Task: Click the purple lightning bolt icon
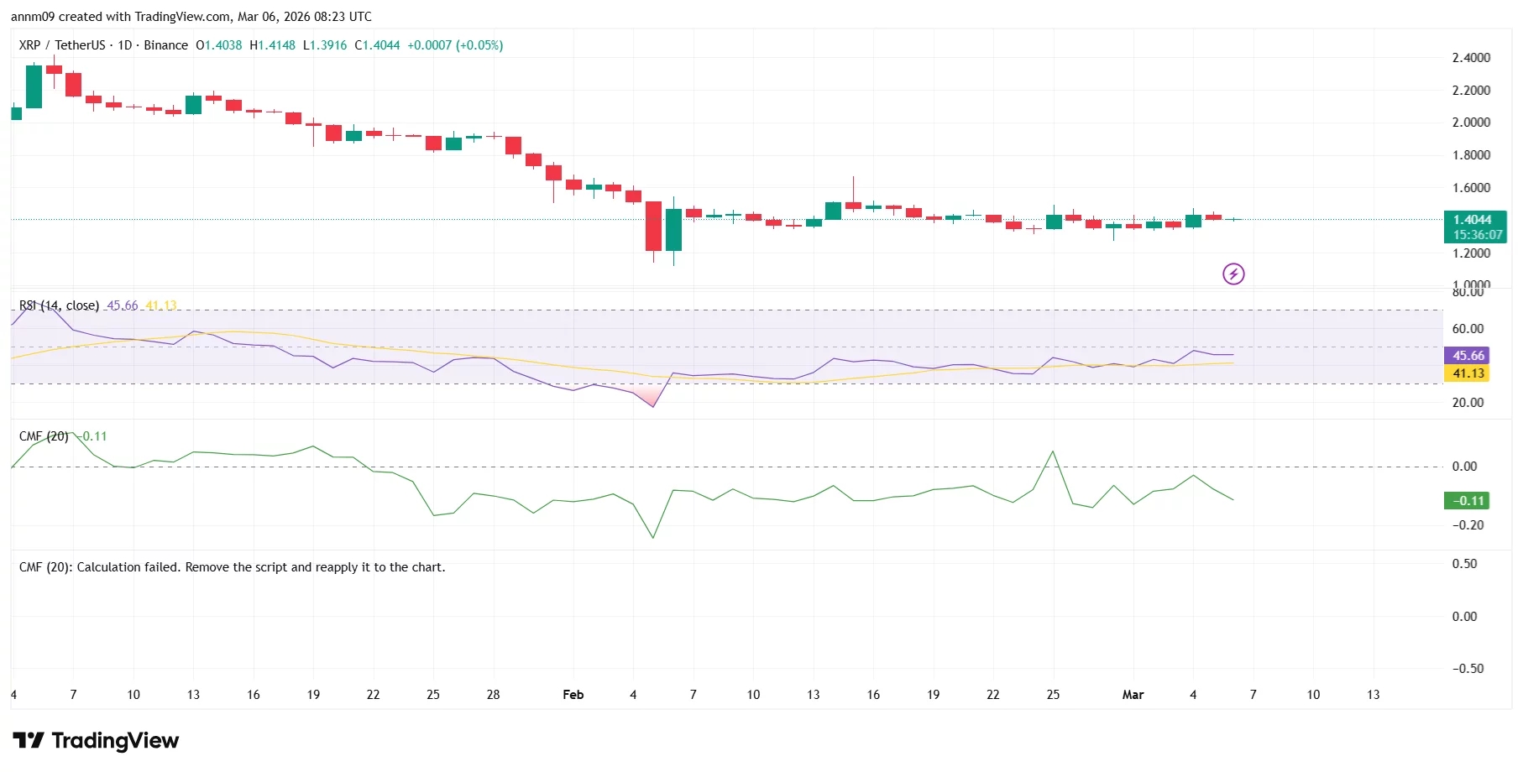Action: tap(1233, 274)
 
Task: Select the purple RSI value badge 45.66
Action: tap(1467, 356)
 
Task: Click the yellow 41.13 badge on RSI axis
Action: tap(1467, 373)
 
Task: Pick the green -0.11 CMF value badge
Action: tap(1467, 501)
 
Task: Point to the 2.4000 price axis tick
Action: tap(1471, 58)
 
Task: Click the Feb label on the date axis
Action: tap(573, 695)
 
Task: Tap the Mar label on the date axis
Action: tap(1133, 695)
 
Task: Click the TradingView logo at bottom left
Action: tap(96, 740)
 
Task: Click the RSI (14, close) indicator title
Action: tap(59, 305)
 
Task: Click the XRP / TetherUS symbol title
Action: tap(62, 45)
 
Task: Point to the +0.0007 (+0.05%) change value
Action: tap(455, 45)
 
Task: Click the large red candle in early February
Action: tap(653, 226)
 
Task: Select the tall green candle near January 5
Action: tap(34, 86)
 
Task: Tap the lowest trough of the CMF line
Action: tap(653, 537)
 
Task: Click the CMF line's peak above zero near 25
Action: tap(1053, 452)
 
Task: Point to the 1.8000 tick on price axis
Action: tap(1471, 155)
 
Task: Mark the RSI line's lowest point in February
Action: tap(653, 406)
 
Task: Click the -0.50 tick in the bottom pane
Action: tap(1468, 669)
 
